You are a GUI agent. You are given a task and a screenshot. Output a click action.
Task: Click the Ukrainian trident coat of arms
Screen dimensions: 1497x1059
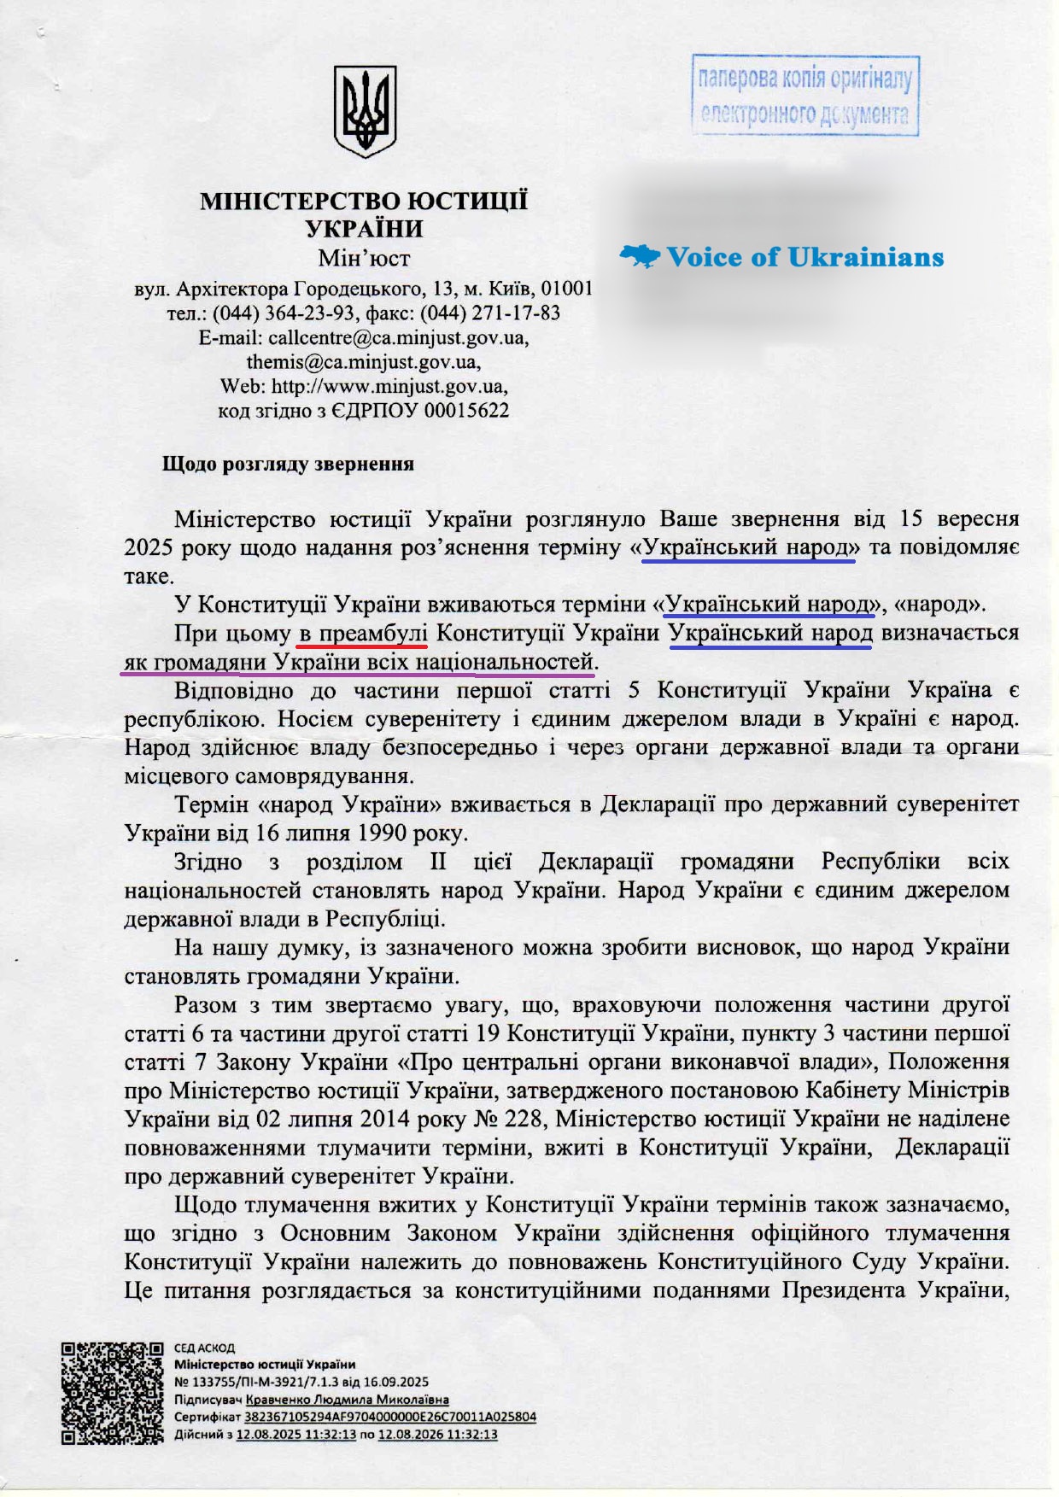click(364, 111)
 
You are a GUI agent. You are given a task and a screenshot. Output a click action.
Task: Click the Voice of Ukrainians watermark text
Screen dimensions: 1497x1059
click(804, 257)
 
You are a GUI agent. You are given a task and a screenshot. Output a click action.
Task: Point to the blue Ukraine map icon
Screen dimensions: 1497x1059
click(640, 255)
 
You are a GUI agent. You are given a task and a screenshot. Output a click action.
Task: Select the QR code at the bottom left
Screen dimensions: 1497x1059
click(112, 1393)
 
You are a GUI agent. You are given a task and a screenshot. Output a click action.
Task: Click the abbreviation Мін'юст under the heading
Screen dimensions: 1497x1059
click(364, 258)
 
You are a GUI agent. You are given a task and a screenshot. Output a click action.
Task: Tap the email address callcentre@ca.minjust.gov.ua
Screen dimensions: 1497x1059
click(398, 337)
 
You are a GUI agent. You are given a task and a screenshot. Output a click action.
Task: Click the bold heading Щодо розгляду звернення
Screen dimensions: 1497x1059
click(288, 465)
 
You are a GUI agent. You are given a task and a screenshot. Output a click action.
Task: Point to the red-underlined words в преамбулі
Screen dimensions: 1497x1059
click(362, 634)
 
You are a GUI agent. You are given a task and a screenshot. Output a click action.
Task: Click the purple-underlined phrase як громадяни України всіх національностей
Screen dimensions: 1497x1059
click(358, 662)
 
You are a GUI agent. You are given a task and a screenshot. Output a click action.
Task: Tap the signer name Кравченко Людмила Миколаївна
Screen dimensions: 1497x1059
click(347, 1400)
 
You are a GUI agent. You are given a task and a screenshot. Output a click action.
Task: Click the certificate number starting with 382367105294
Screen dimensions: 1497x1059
click(389, 1417)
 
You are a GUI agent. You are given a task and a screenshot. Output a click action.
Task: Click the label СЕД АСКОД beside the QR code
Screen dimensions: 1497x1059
click(204, 1348)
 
